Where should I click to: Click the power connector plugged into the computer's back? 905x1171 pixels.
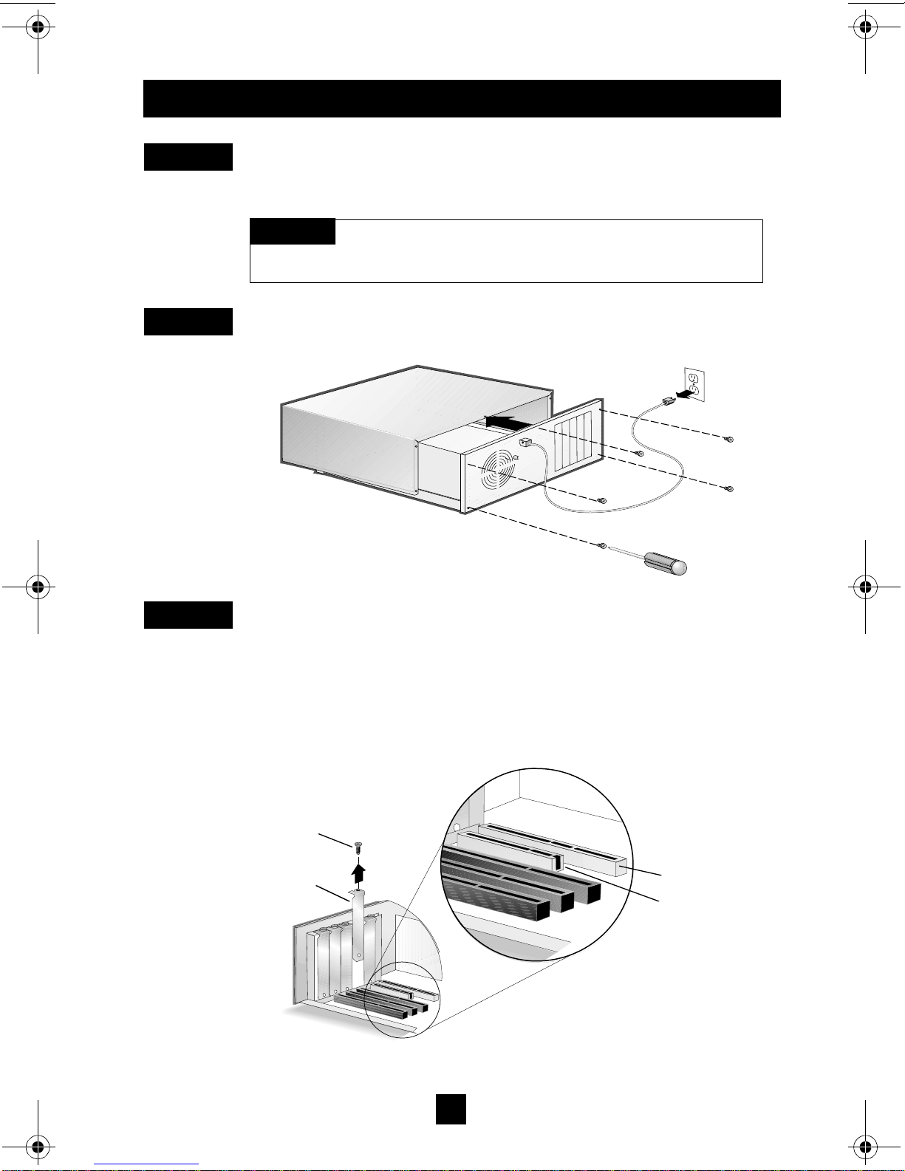coord(526,443)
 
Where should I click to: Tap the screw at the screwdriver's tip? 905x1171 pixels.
coord(603,546)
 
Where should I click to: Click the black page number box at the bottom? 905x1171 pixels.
coord(451,1109)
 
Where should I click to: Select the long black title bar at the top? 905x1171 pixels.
coord(462,98)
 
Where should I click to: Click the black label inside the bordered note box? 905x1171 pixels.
coord(293,231)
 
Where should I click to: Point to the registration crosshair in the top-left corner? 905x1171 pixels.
coord(38,29)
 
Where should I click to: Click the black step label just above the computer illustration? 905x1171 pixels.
coord(188,321)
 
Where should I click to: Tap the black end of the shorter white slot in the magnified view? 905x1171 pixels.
coord(559,861)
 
